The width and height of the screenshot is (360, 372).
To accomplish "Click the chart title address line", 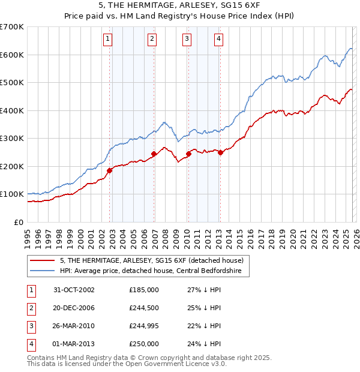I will pos(180,5).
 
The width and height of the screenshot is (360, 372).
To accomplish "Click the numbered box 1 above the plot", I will pos(107,40).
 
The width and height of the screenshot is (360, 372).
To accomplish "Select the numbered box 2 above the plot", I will pos(152,40).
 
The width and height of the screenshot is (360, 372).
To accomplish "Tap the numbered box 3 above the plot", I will pos(187,40).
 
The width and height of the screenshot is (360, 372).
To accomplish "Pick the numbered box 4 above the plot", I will pos(218,40).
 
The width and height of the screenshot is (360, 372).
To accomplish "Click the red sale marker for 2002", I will pos(110,170).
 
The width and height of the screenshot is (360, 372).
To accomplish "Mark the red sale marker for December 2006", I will pos(154,154).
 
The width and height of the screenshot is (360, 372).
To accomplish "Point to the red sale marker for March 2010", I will pos(188,154).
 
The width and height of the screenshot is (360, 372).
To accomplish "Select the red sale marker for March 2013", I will pos(220,152).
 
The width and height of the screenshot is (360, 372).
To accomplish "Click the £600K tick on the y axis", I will pos(12,55).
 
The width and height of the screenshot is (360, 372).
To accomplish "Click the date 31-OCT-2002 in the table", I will pos(74,290).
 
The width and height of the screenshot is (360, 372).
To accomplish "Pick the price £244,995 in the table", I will pos(144,326).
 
